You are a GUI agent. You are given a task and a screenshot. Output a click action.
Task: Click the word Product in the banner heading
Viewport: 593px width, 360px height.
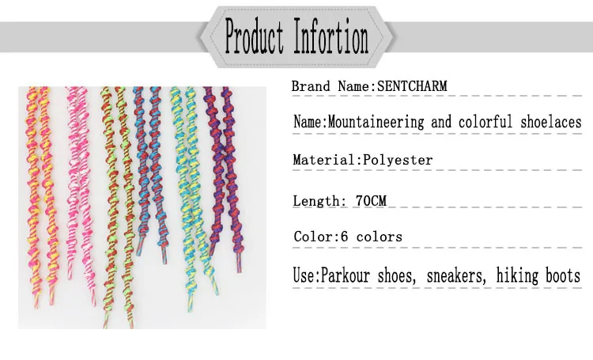point(254,36)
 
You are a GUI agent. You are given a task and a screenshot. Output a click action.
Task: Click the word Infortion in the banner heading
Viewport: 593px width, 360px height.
point(331,36)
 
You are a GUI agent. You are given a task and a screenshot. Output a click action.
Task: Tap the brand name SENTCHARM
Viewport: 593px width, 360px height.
point(412,86)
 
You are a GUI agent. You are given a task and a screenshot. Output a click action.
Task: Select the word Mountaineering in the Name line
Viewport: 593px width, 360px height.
point(376,123)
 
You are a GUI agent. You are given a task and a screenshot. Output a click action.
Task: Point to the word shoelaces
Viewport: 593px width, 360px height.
point(550,122)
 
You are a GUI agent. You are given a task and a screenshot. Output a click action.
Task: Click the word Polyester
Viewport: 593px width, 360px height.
point(398,160)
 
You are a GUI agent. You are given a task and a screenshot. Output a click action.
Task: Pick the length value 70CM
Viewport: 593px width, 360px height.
point(371,200)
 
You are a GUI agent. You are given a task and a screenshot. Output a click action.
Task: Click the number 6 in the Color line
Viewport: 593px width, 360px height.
point(344,237)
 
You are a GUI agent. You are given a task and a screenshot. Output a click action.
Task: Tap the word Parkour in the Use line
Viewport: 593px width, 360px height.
point(345,275)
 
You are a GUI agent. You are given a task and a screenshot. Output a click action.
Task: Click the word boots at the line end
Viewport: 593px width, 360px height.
point(562,275)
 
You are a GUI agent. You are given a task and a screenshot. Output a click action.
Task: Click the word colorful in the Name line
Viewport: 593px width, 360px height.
point(485,122)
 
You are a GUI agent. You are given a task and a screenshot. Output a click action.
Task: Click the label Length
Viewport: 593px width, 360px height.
point(316,201)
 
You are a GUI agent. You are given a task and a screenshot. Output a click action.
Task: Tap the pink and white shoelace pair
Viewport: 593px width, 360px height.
point(81,189)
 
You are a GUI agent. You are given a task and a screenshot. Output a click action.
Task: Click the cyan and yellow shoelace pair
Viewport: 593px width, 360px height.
point(192,197)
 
